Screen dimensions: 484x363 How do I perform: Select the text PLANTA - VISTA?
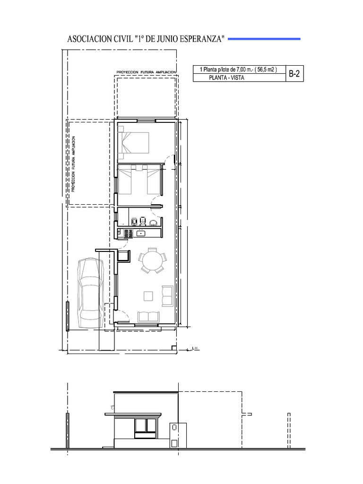pos(226,78)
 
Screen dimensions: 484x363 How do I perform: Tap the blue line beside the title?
pos(264,39)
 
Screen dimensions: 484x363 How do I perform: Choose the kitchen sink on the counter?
pos(141,233)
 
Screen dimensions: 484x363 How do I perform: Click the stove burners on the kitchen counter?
pos(128,233)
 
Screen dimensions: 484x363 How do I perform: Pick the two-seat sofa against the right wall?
pos(167,295)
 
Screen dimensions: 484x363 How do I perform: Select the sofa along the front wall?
pos(149,317)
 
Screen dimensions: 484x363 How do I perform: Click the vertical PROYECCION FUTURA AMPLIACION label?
pos(73,164)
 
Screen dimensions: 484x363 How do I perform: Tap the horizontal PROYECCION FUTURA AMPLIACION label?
pos(146,72)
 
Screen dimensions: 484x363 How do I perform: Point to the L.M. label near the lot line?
pos(195,349)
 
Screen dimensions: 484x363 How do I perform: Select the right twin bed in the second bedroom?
pos(154,182)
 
